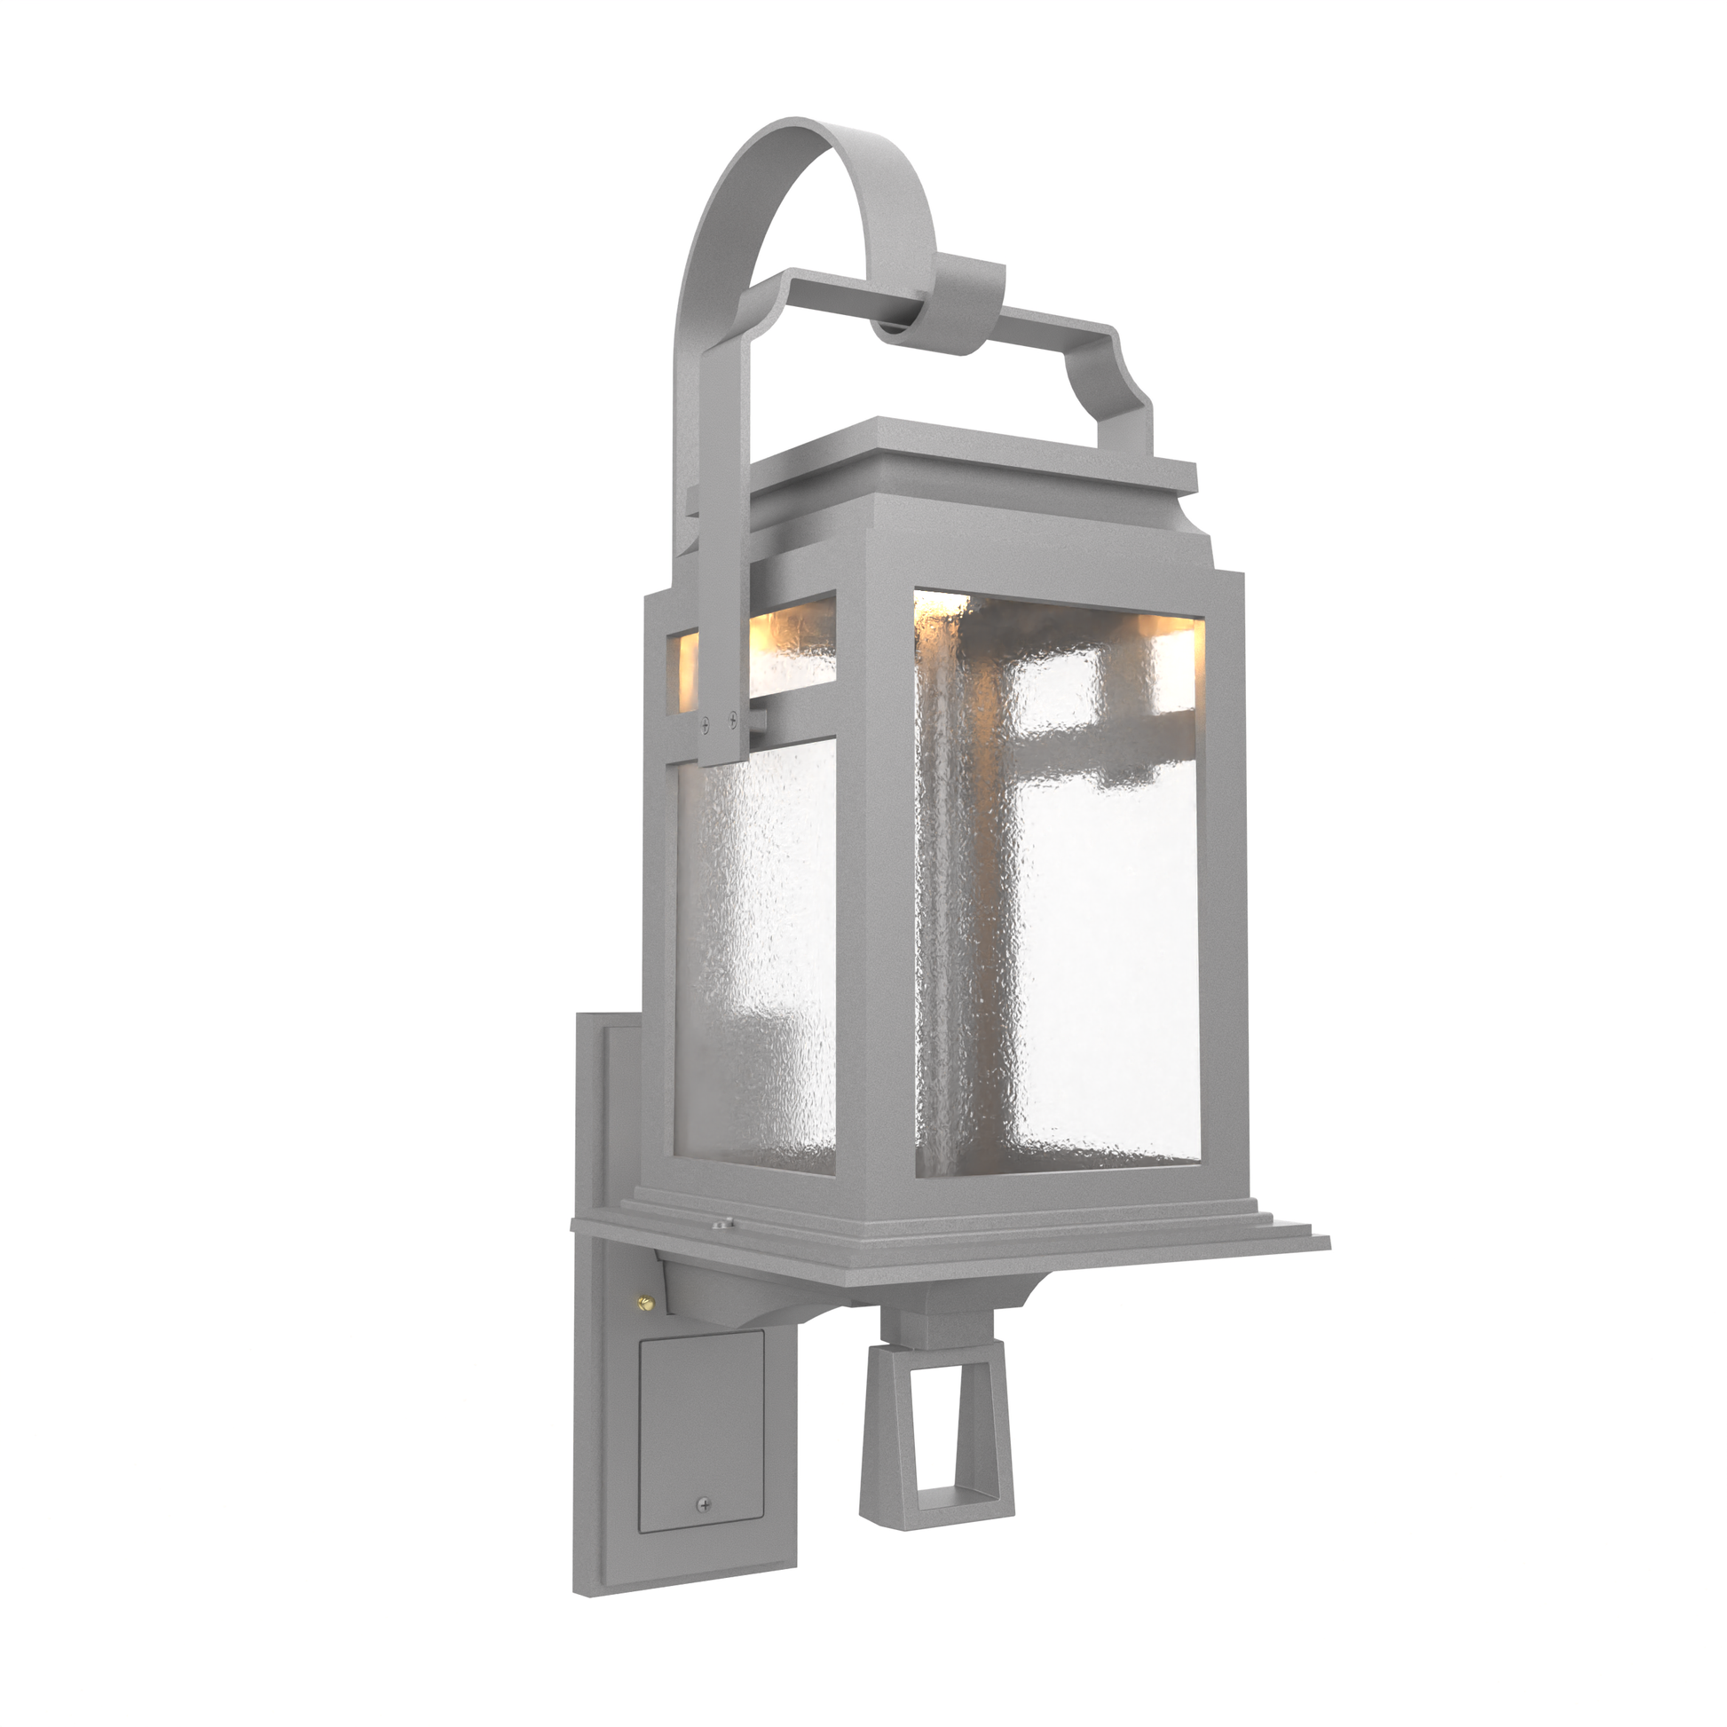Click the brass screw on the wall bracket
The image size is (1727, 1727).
[x=645, y=1305]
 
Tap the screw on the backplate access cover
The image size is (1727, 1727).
[x=706, y=1505]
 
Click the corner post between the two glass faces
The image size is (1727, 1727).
[x=874, y=894]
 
